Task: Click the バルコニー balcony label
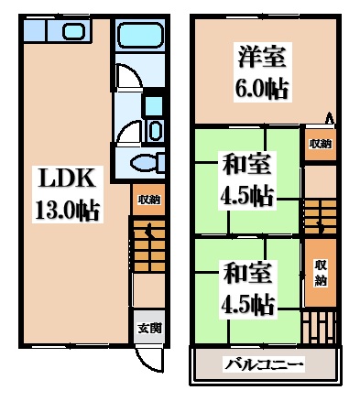(265, 365)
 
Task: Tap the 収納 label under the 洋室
(318, 144)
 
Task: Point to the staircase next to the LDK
(147, 247)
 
